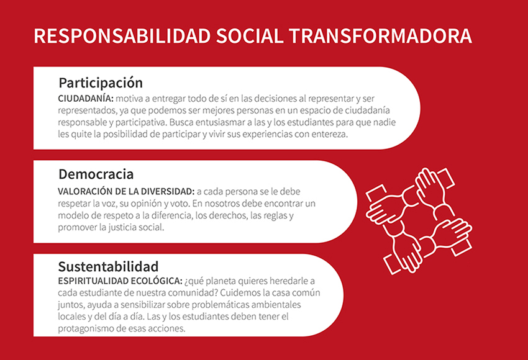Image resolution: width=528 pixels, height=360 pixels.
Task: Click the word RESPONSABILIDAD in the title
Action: click(x=122, y=36)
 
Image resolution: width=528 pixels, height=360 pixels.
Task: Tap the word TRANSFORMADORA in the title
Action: click(x=380, y=36)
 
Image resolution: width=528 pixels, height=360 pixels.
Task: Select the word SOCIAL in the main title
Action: click(x=250, y=36)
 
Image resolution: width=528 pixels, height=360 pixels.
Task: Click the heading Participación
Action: click(x=101, y=83)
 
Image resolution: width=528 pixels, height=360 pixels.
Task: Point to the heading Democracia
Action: click(x=96, y=174)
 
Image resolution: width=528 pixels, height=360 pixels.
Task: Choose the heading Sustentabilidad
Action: click(x=108, y=266)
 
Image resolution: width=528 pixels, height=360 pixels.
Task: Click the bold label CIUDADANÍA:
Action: click(x=86, y=99)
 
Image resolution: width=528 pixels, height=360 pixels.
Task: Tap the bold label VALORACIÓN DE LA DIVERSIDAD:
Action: click(x=126, y=191)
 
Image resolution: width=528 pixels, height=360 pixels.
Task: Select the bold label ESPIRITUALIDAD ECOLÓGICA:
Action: click(x=121, y=281)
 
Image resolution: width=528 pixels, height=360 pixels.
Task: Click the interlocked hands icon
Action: click(x=419, y=220)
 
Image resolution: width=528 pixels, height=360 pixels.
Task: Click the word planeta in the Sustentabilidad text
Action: click(x=221, y=281)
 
